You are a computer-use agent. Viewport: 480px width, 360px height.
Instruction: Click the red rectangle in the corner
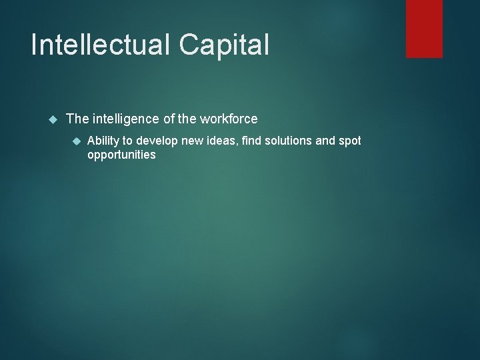point(425,29)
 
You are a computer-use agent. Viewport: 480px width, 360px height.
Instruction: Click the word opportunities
point(121,155)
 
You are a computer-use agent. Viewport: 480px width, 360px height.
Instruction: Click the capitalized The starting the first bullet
point(77,119)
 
